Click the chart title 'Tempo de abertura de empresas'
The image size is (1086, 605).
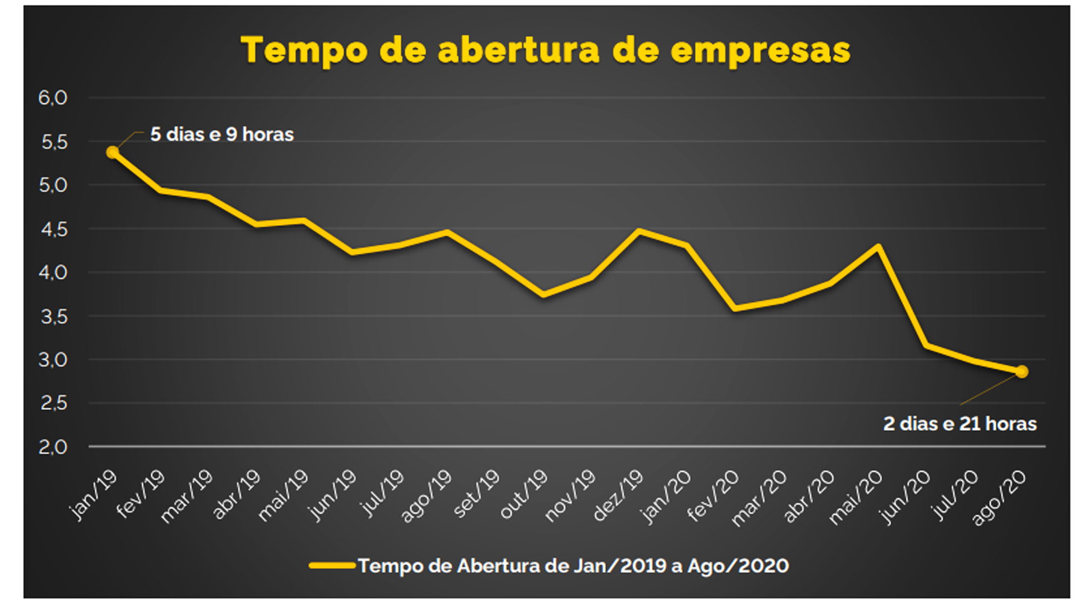point(545,50)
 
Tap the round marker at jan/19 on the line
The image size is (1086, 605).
point(113,152)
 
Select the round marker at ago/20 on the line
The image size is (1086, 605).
point(1022,372)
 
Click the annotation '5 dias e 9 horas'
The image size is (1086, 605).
point(222,135)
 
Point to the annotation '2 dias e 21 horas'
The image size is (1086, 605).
point(960,424)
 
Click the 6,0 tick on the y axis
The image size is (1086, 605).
point(53,98)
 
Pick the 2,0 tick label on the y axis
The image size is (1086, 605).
point(53,447)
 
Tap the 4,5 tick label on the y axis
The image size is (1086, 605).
point(53,229)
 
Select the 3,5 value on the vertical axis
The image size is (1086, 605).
point(53,317)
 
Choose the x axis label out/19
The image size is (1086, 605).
point(524,496)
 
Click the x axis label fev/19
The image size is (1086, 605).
point(141,494)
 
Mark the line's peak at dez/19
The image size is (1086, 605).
point(638,231)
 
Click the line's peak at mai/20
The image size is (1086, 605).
point(878,247)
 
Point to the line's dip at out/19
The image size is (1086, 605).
point(543,295)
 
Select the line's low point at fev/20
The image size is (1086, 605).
point(735,308)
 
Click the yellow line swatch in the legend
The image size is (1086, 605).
point(332,566)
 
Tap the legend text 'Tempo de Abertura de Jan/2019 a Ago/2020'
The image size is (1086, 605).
point(573,566)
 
